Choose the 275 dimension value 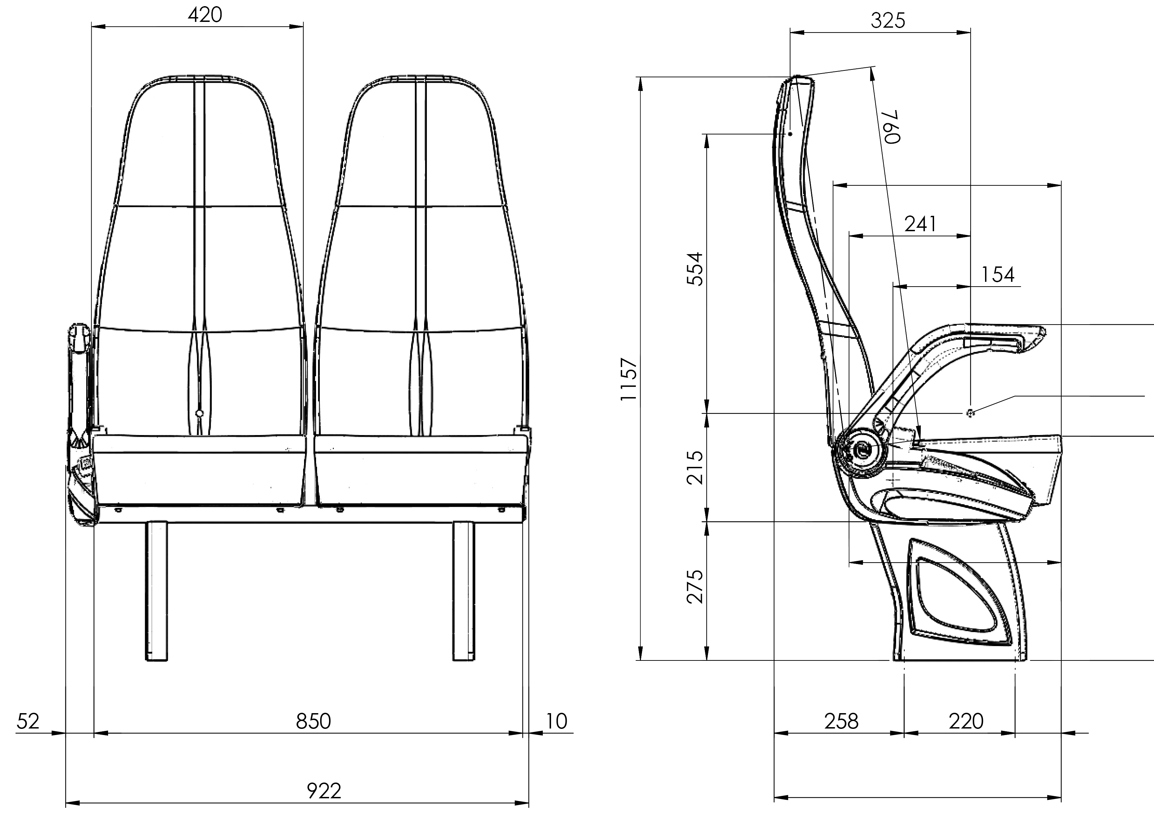pyautogui.click(x=695, y=586)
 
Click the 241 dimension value pyautogui.click(x=920, y=224)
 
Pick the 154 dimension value pyautogui.click(x=998, y=274)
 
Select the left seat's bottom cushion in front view pyautogui.click(x=199, y=470)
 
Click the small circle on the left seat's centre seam pyautogui.click(x=199, y=414)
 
